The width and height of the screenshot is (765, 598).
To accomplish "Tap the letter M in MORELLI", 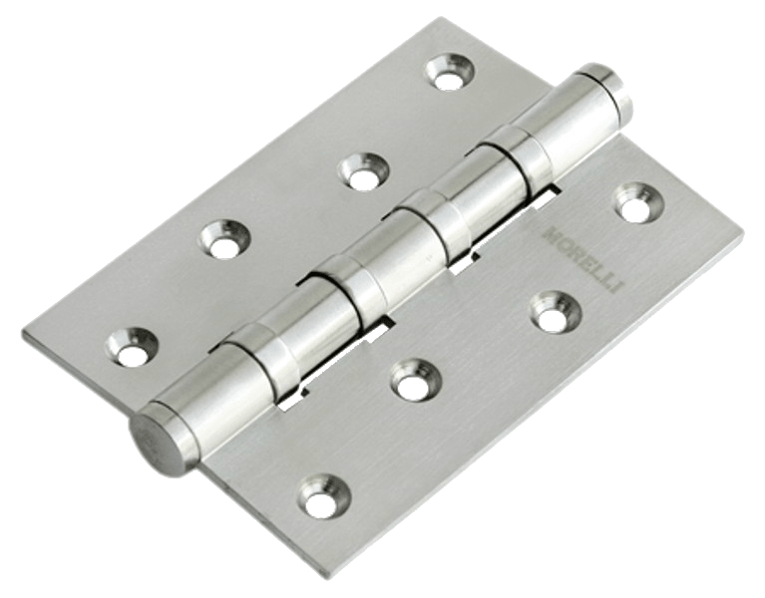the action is pyautogui.click(x=551, y=230).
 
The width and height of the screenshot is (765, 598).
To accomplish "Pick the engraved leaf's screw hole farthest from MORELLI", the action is pyautogui.click(x=325, y=495).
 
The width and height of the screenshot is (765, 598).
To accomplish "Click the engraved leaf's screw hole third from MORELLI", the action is pyautogui.click(x=416, y=380).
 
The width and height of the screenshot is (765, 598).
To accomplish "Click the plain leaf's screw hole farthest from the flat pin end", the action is pyautogui.click(x=450, y=73).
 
